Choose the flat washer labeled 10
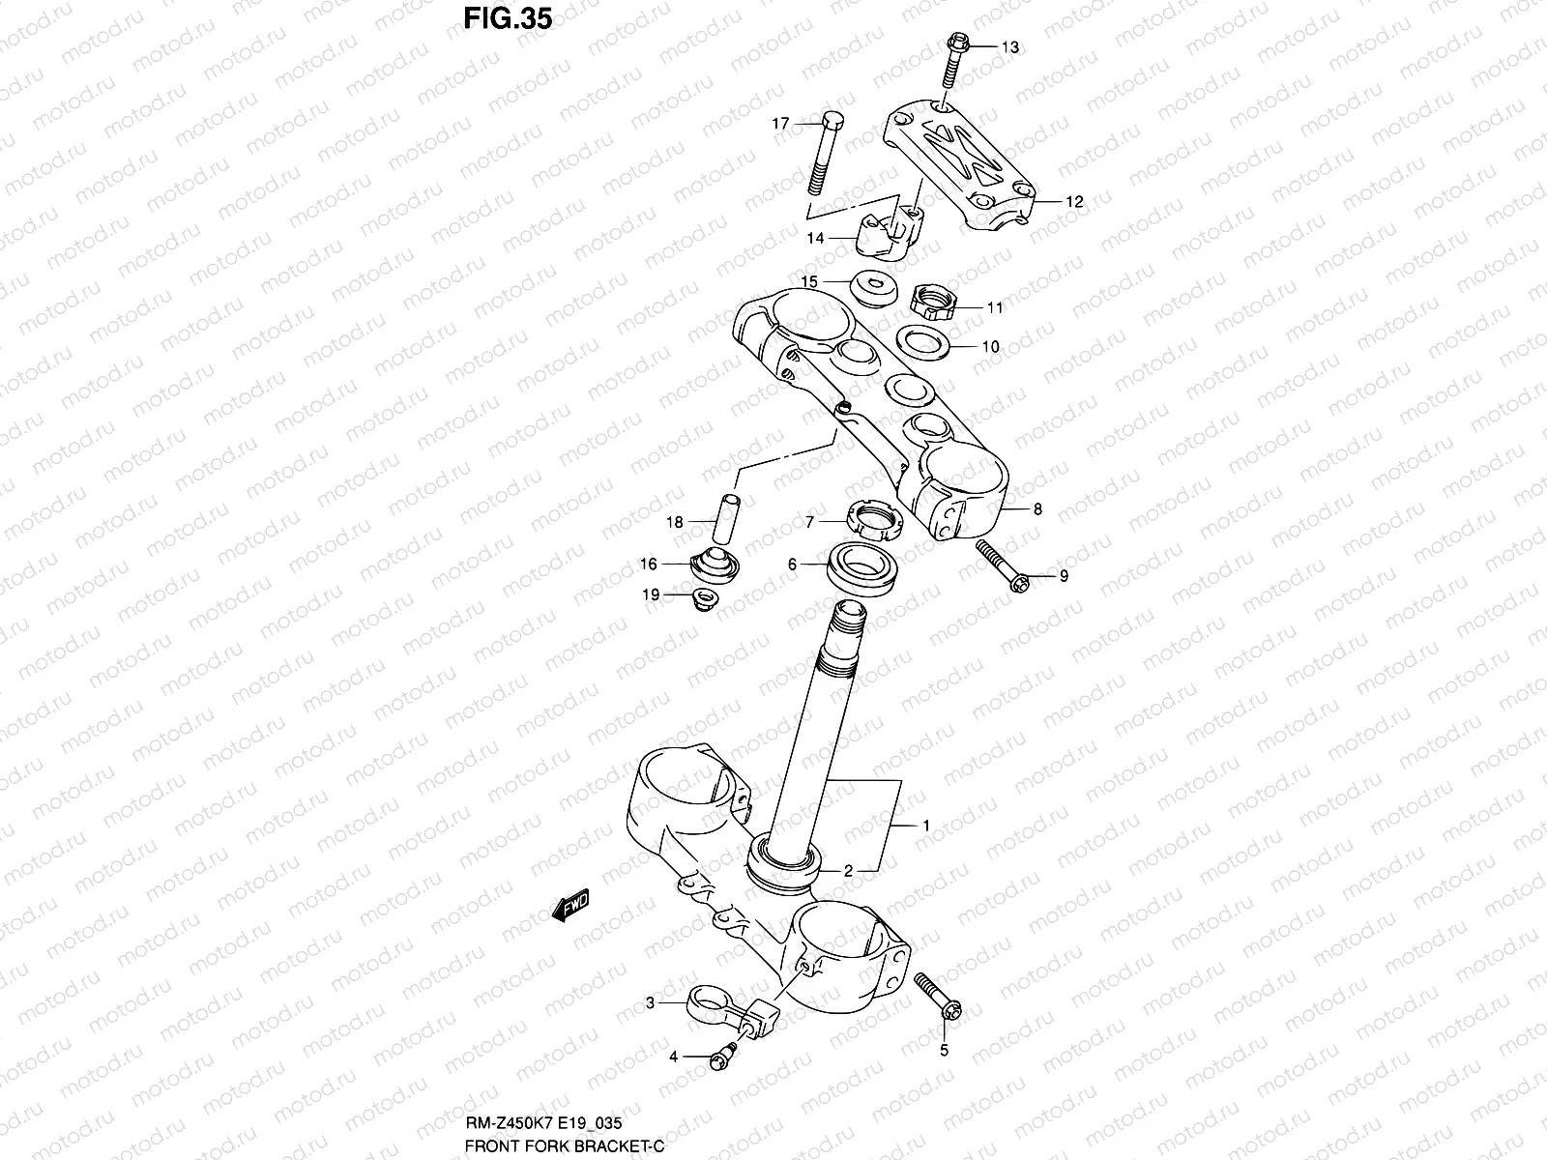[x=922, y=341]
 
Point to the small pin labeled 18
[x=727, y=520]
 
